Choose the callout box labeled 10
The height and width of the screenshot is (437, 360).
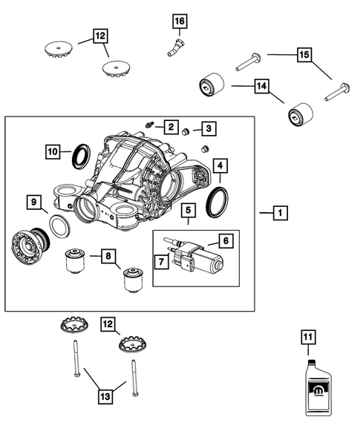click(53, 151)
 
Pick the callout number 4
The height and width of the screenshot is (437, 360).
click(220, 165)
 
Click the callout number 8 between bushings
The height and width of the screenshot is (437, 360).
click(109, 257)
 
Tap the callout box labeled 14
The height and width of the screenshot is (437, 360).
click(261, 86)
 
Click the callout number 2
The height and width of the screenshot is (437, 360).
click(171, 127)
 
